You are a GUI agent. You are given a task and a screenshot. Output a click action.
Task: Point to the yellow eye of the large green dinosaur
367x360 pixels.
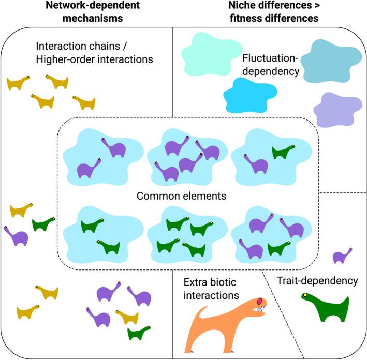click(x=306, y=295)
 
